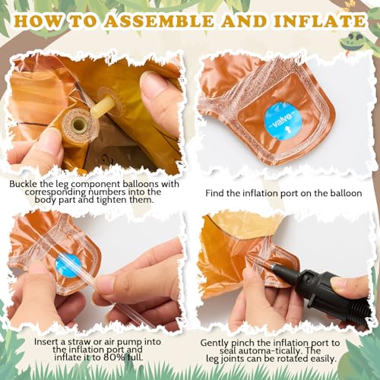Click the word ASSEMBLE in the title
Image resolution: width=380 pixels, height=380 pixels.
click(160, 21)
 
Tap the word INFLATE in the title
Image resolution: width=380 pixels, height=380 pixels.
click(319, 21)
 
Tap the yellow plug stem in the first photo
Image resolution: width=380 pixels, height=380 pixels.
click(101, 106)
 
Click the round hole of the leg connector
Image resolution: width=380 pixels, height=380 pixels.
click(79, 124)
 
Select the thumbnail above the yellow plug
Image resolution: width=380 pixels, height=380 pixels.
click(151, 84)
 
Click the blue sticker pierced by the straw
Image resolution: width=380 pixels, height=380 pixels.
click(68, 266)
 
